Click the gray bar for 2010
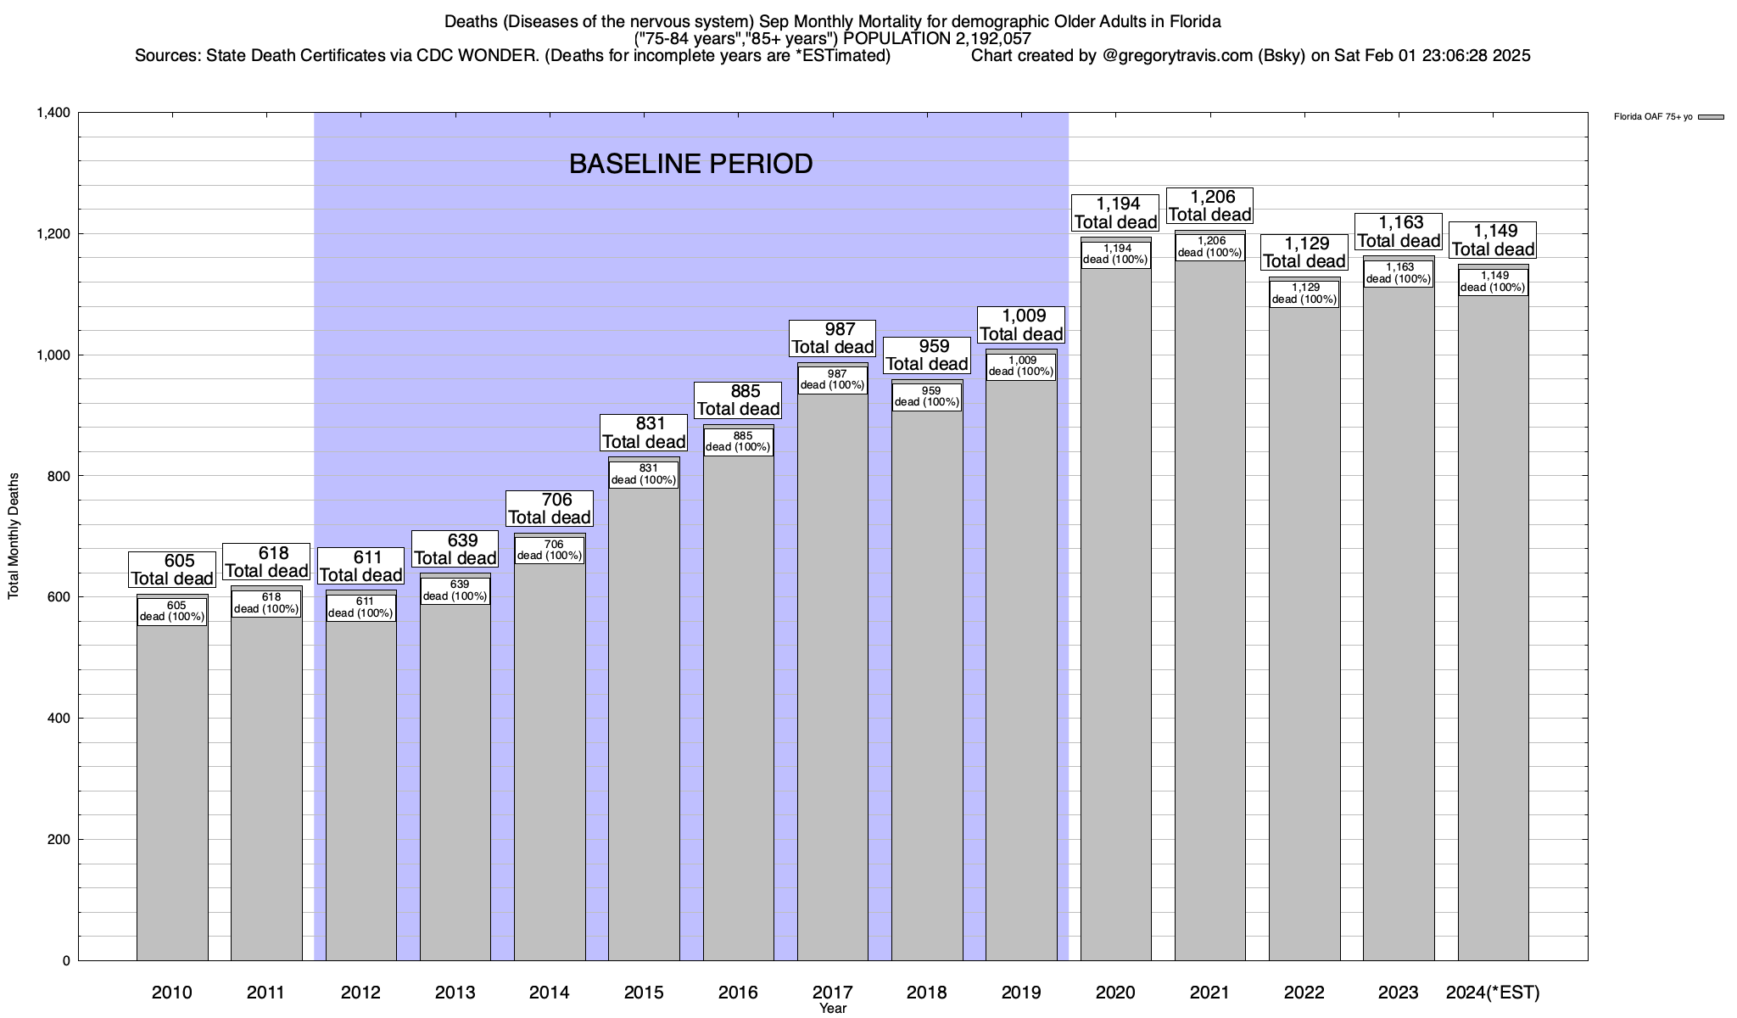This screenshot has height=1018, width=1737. tap(172, 789)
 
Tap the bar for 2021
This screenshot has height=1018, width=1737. tap(1209, 611)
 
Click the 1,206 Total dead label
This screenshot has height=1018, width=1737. tap(1209, 205)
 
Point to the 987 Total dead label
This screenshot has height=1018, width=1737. tap(832, 338)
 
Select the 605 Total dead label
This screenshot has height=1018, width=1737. tap(172, 569)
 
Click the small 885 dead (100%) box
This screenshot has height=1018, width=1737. tap(738, 442)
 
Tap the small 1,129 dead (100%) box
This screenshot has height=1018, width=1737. tap(1304, 293)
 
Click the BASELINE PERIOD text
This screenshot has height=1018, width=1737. tap(690, 164)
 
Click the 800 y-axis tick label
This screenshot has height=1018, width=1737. tap(59, 476)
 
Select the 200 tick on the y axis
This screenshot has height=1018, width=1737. tap(59, 840)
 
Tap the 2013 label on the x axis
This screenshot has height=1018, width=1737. tap(455, 992)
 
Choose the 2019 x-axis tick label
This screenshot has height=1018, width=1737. tap(1021, 992)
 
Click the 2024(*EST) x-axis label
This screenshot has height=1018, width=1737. tap(1493, 992)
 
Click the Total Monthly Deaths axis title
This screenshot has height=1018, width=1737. tap(14, 536)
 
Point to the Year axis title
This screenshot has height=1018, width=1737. tap(833, 1009)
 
